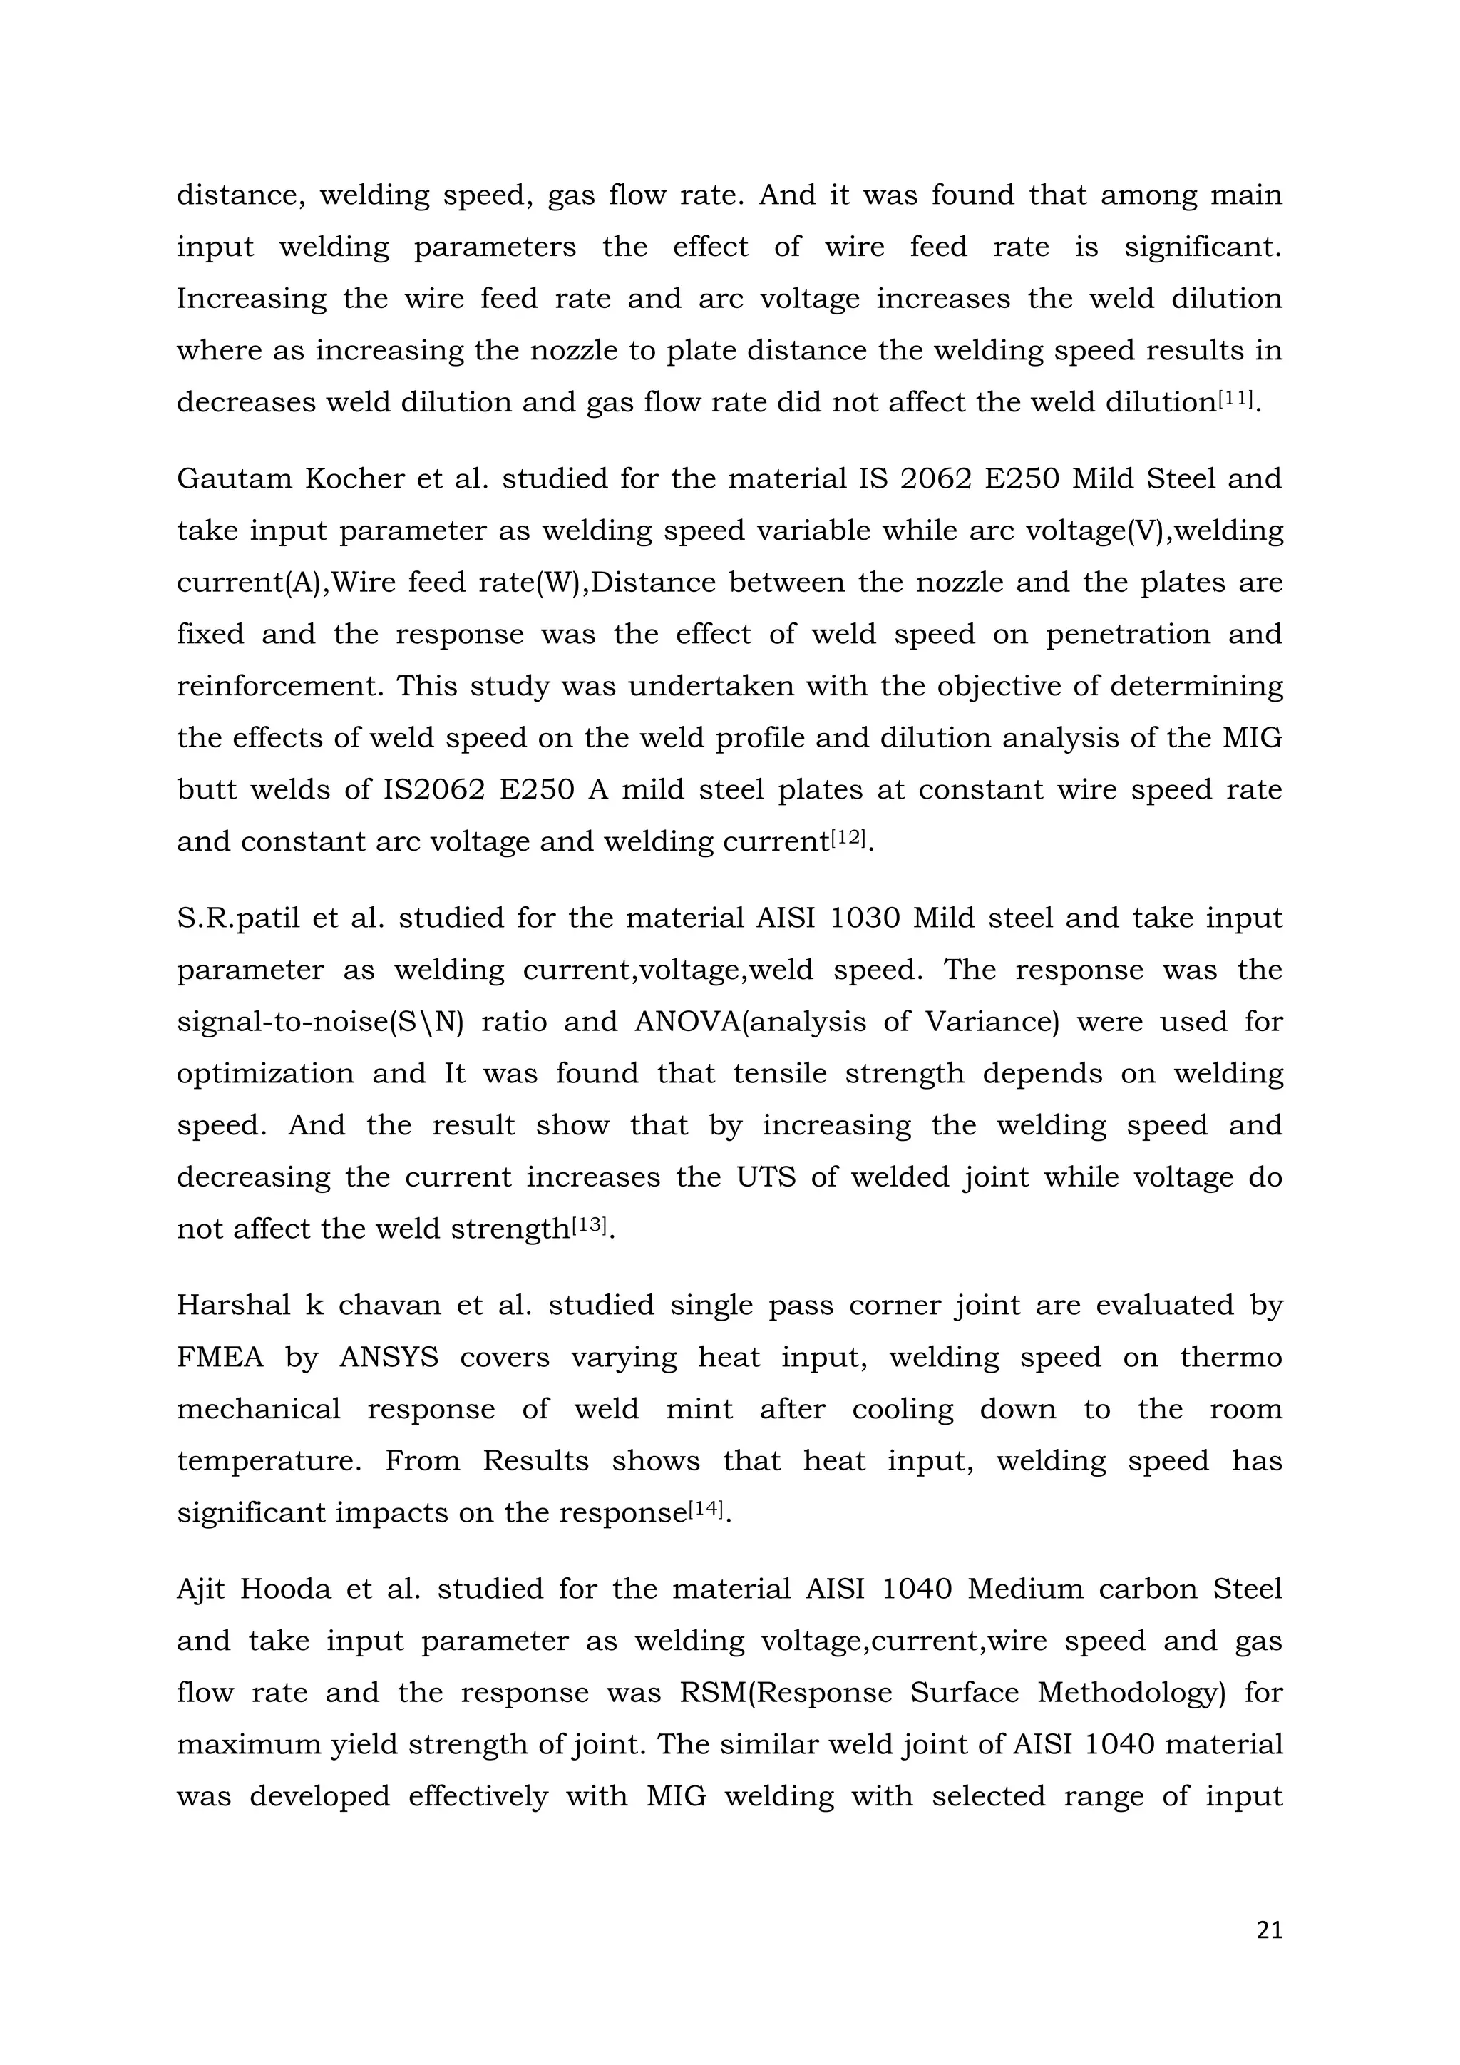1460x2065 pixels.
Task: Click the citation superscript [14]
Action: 706,1507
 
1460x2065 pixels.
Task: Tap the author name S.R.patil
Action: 234,918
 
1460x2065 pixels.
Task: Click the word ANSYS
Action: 389,1357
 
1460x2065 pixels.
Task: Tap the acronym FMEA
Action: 220,1357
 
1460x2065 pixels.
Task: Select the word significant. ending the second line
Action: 1203,247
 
